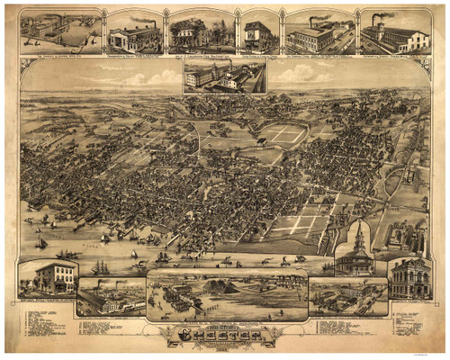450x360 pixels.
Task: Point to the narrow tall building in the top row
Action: pos(258,34)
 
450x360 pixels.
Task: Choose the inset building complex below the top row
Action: pos(224,76)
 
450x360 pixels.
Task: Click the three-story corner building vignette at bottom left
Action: pos(48,278)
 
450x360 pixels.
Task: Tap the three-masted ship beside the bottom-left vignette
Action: pos(98,267)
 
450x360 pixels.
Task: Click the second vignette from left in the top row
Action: pos(134,34)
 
